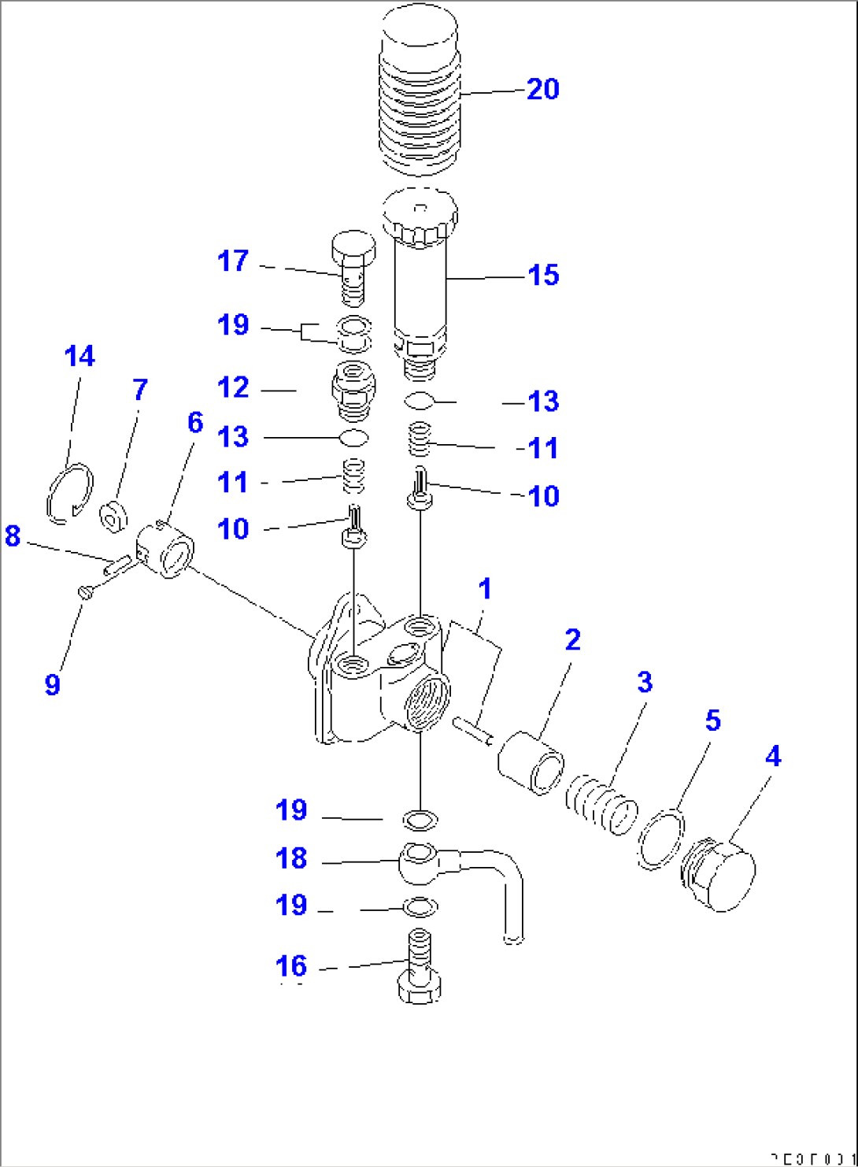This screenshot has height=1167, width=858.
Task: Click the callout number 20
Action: pyautogui.click(x=542, y=89)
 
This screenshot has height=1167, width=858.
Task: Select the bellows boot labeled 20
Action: pyautogui.click(x=420, y=94)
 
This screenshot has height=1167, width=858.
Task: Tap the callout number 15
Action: pyautogui.click(x=543, y=276)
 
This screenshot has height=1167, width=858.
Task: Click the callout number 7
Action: pyautogui.click(x=140, y=389)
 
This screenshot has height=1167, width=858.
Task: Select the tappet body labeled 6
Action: pyautogui.click(x=167, y=549)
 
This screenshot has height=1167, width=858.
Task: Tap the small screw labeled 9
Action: pyautogui.click(x=86, y=591)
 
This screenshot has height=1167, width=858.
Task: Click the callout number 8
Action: pyautogui.click(x=13, y=536)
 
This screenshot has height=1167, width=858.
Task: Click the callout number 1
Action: pyautogui.click(x=485, y=589)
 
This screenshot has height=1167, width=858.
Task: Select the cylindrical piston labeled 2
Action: pyautogui.click(x=531, y=762)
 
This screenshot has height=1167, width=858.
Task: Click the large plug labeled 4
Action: pyautogui.click(x=718, y=874)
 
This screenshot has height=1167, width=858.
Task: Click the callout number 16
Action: pyautogui.click(x=290, y=966)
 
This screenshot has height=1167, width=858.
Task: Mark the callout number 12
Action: pyautogui.click(x=233, y=387)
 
